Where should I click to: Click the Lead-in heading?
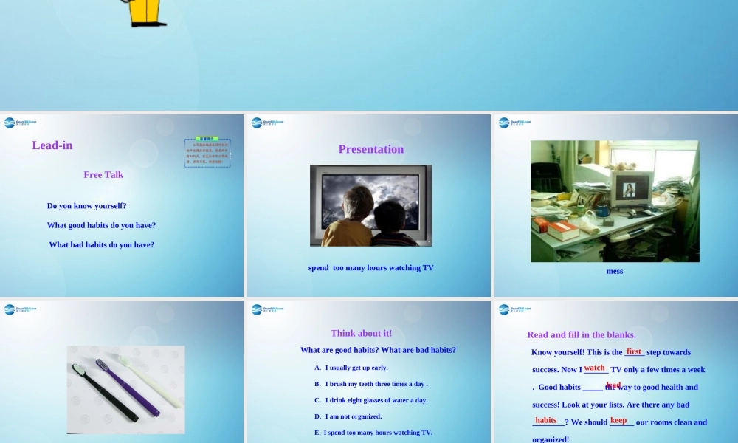tap(52, 145)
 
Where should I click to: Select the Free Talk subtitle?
tap(103, 175)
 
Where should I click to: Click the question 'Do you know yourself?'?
tap(86, 206)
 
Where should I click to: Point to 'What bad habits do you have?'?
tap(102, 244)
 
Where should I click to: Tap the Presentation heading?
tap(370, 149)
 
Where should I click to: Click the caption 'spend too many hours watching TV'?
tap(370, 268)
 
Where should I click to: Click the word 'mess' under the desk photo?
tap(614, 271)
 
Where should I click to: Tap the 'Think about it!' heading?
tap(361, 333)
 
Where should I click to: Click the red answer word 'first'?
tap(634, 351)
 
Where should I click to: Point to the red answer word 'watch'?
tap(595, 368)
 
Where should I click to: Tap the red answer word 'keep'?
tap(618, 420)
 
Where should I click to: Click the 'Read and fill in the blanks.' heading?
tap(582, 334)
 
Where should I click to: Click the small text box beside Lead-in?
tap(207, 153)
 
